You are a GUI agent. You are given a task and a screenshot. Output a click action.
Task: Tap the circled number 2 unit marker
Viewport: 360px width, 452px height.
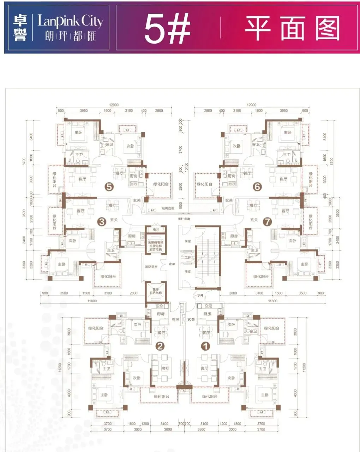[160, 346]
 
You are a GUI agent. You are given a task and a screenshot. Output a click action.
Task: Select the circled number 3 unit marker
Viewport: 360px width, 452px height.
[102, 222]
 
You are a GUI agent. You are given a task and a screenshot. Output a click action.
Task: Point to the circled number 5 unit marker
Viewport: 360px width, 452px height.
[109, 186]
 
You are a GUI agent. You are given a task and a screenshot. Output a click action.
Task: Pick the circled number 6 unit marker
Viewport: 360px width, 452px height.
[257, 186]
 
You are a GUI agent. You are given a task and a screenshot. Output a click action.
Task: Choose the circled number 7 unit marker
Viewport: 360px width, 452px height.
[267, 222]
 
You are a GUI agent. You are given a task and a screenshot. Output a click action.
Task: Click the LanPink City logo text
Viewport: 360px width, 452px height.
[71, 22]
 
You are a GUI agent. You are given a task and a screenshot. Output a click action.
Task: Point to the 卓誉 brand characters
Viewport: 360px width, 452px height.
[20, 28]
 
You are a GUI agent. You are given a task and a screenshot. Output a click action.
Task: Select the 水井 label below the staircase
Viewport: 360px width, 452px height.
[200, 295]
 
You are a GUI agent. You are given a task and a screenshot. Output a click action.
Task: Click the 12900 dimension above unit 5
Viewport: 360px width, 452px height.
[114, 105]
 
